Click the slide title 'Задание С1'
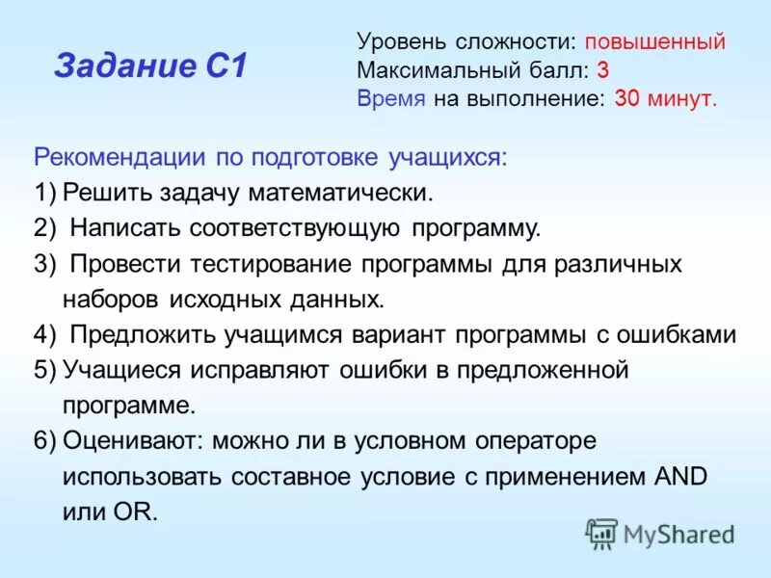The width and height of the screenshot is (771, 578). pyautogui.click(x=150, y=66)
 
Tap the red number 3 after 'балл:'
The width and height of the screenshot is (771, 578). pyautogui.click(x=602, y=70)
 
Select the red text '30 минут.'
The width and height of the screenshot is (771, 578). pyautogui.click(x=665, y=98)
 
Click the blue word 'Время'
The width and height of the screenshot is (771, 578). pyautogui.click(x=390, y=98)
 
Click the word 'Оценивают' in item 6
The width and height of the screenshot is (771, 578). pyautogui.click(x=131, y=441)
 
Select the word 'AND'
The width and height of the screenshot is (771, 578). pyautogui.click(x=680, y=477)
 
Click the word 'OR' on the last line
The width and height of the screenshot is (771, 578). pyautogui.click(x=138, y=512)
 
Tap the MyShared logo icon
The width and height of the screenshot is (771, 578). pyautogui.click(x=601, y=533)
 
